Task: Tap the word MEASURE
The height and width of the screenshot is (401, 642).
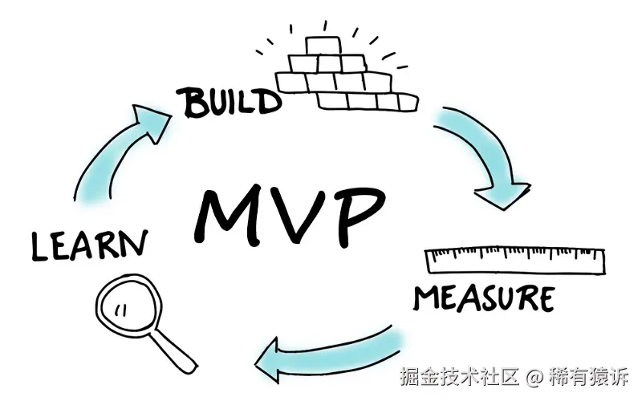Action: coord(483,298)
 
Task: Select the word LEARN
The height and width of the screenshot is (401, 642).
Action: coord(89,244)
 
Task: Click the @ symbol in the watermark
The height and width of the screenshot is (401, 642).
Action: coord(535,375)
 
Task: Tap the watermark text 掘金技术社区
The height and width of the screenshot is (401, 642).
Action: coord(461,375)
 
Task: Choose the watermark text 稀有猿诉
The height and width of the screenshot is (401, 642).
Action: coord(589,375)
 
